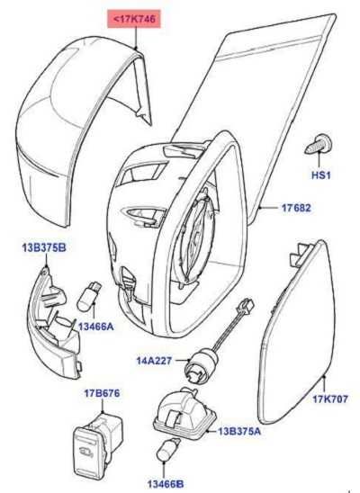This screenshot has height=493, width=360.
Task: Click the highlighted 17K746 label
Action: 134,19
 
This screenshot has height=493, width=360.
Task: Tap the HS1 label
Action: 321,175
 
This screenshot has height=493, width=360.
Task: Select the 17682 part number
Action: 296,208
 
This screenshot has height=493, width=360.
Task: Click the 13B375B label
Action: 44,247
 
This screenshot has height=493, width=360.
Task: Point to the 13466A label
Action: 96,327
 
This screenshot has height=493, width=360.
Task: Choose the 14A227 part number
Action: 155,361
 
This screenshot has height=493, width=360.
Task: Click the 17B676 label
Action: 102,393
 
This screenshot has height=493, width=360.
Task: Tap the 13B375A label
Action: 239,431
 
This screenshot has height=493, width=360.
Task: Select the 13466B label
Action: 166,484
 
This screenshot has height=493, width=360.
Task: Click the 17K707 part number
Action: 330,399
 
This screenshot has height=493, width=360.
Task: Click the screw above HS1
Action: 318,144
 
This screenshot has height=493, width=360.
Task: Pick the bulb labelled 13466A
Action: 90,297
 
